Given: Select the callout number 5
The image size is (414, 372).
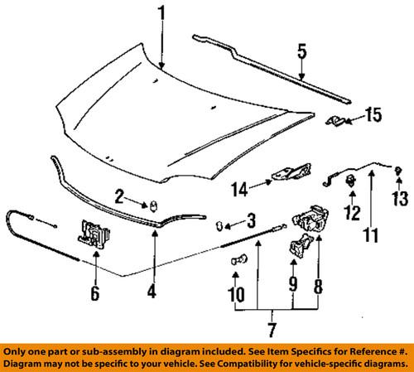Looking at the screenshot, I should (303, 51).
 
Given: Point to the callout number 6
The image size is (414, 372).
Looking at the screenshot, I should (94, 292).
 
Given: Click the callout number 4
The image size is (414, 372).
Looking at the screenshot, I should (152, 291).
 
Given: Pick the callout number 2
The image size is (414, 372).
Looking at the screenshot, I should (120, 196).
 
